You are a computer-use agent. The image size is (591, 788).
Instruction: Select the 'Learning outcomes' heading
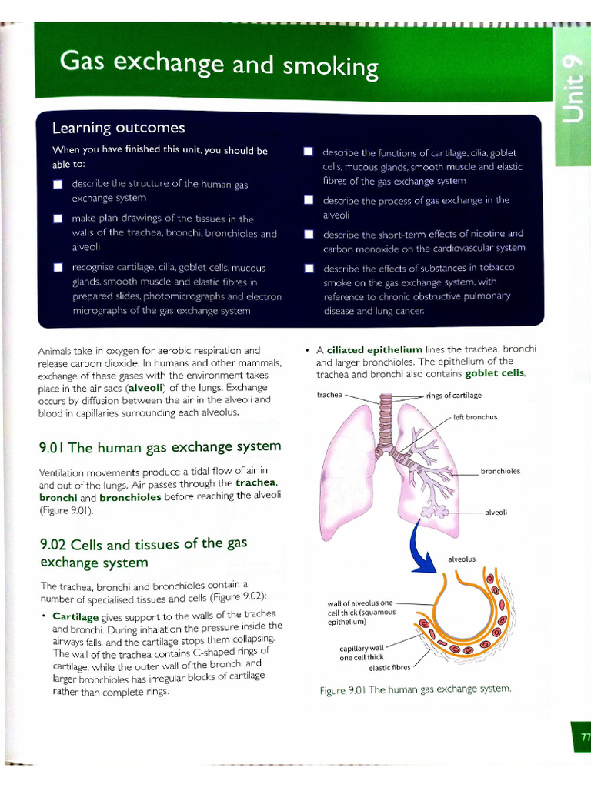tap(118, 128)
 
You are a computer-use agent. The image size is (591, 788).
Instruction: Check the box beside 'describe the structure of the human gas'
tap(58, 185)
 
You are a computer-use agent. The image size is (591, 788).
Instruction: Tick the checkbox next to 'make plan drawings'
tap(58, 219)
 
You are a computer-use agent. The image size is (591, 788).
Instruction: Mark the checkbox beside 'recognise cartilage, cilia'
tap(58, 268)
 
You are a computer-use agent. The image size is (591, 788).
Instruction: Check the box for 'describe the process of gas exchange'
tap(309, 200)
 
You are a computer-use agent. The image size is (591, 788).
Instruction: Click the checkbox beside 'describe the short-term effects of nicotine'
tap(309, 234)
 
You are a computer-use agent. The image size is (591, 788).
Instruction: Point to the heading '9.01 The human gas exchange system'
tap(159, 447)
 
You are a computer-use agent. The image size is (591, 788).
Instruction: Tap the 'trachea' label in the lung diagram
tap(329, 396)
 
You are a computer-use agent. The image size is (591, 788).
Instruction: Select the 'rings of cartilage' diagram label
tap(453, 396)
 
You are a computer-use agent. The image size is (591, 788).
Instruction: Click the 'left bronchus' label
tap(475, 417)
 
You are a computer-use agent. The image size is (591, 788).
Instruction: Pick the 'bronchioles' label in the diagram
tap(500, 471)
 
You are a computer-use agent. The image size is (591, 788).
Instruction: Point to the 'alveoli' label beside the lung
tap(496, 512)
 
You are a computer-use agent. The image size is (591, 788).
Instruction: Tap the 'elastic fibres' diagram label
tap(389, 667)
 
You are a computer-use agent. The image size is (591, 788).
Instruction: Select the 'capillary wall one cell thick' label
tap(362, 653)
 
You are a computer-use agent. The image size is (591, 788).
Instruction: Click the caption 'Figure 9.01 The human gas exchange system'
tap(415, 689)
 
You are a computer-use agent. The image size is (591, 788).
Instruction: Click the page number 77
tap(584, 737)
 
